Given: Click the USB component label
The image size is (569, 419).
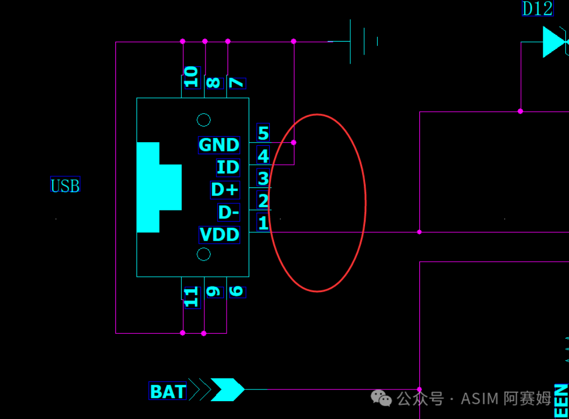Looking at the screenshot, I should click(65, 186).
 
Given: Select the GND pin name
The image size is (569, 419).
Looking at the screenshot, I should click(219, 145).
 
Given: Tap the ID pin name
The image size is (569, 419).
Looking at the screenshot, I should click(228, 167).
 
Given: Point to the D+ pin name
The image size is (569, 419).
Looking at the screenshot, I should click(225, 189).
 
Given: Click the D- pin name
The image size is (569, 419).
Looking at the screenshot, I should click(229, 213).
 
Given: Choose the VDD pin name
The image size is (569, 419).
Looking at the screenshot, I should click(219, 235).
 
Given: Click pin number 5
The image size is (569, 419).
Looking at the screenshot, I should click(263, 133).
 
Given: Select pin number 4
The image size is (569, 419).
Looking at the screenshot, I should click(263, 156).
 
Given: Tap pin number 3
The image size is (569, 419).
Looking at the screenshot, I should click(263, 178).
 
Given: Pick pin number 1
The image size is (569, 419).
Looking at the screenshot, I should click(263, 223).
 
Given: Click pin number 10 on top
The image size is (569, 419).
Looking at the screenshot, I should click(191, 77).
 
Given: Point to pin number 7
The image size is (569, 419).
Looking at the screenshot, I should click(237, 83).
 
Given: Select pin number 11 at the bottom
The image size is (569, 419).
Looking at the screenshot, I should click(191, 297).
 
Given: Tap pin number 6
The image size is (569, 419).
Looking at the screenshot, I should click(237, 292).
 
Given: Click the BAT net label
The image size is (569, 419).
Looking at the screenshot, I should click(168, 392).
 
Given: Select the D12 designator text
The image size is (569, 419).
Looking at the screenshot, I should click(537, 8).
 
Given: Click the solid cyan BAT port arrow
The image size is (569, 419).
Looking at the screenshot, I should click(228, 390).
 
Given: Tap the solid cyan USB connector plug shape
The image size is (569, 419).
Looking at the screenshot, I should click(156, 187).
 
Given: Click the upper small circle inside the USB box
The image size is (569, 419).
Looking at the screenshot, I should click(204, 120).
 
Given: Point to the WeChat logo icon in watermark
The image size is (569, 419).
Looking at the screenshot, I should click(381, 398).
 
